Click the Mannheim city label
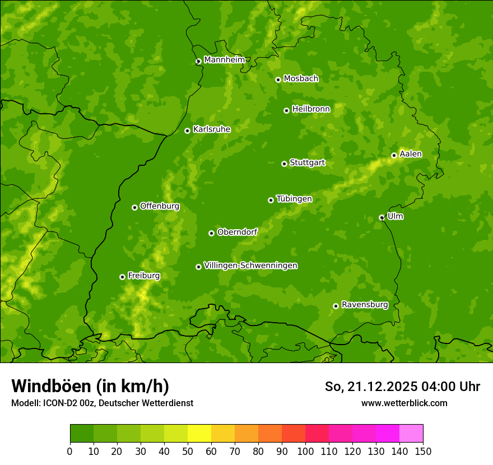pyautogui.click(x=224, y=60)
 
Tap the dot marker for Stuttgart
pyautogui.click(x=284, y=164)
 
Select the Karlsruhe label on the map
pyautogui.click(x=211, y=129)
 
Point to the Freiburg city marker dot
pyautogui.click(x=122, y=277)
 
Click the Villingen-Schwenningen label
pyautogui.click(x=250, y=266)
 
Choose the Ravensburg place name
pyautogui.click(x=364, y=305)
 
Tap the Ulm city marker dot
pyautogui.click(x=382, y=217)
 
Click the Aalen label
pyautogui.click(x=411, y=154)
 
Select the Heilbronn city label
pyautogui.click(x=311, y=109)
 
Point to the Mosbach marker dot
pyautogui.click(x=278, y=80)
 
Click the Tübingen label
pyautogui.click(x=294, y=199)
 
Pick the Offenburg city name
pyautogui.click(x=159, y=206)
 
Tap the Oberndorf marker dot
pyautogui.click(x=211, y=233)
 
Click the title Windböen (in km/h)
pyautogui.click(x=90, y=386)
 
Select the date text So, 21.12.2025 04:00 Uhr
pyautogui.click(x=402, y=387)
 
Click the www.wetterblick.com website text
pyautogui.click(x=404, y=403)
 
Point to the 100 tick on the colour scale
pyautogui.click(x=305, y=451)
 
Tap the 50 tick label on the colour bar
pyautogui.click(x=187, y=451)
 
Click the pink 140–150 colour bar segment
pyautogui.click(x=411, y=434)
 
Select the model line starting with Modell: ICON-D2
pyautogui.click(x=102, y=403)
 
